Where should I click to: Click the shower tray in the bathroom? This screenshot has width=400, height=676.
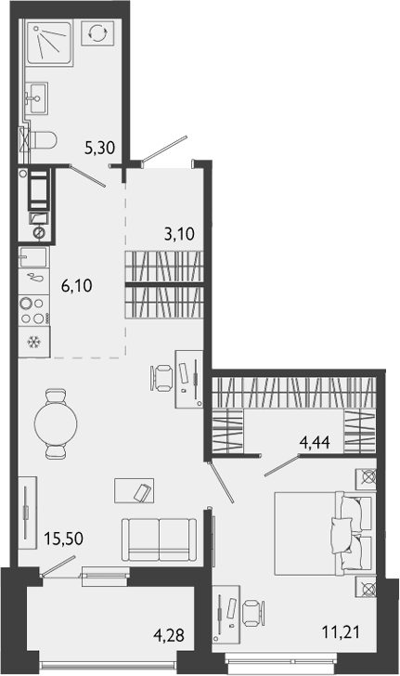tap(49, 43)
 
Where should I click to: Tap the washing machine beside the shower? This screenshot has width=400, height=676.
tap(97, 32)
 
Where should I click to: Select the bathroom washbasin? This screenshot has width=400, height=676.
tap(36, 98)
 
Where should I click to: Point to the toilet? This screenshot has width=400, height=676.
tap(43, 140)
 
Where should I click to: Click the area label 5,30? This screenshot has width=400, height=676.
tap(100, 149)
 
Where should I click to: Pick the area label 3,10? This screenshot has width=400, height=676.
tap(179, 234)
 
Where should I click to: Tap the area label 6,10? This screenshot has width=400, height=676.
tap(77, 286)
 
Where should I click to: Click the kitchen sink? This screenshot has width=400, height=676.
tap(33, 257)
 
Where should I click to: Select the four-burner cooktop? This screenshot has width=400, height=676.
tap(34, 310)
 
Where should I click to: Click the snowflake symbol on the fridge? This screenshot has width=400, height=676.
tap(33, 343)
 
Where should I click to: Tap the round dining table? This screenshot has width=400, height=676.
tap(56, 422)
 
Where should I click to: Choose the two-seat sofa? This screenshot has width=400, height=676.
tap(159, 539)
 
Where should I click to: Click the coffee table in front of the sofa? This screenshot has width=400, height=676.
tap(135, 490)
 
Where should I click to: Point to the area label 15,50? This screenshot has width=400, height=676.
tap(64, 539)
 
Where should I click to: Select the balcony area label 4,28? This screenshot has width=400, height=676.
tap(169, 635)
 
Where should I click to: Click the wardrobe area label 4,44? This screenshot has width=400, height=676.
tap(316, 442)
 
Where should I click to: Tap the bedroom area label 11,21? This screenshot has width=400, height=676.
tap(341, 632)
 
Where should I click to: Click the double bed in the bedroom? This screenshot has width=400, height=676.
tap(323, 533)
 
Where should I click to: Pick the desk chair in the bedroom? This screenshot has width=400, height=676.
tap(252, 613)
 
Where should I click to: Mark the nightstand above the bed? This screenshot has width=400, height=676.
tap(366, 478)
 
